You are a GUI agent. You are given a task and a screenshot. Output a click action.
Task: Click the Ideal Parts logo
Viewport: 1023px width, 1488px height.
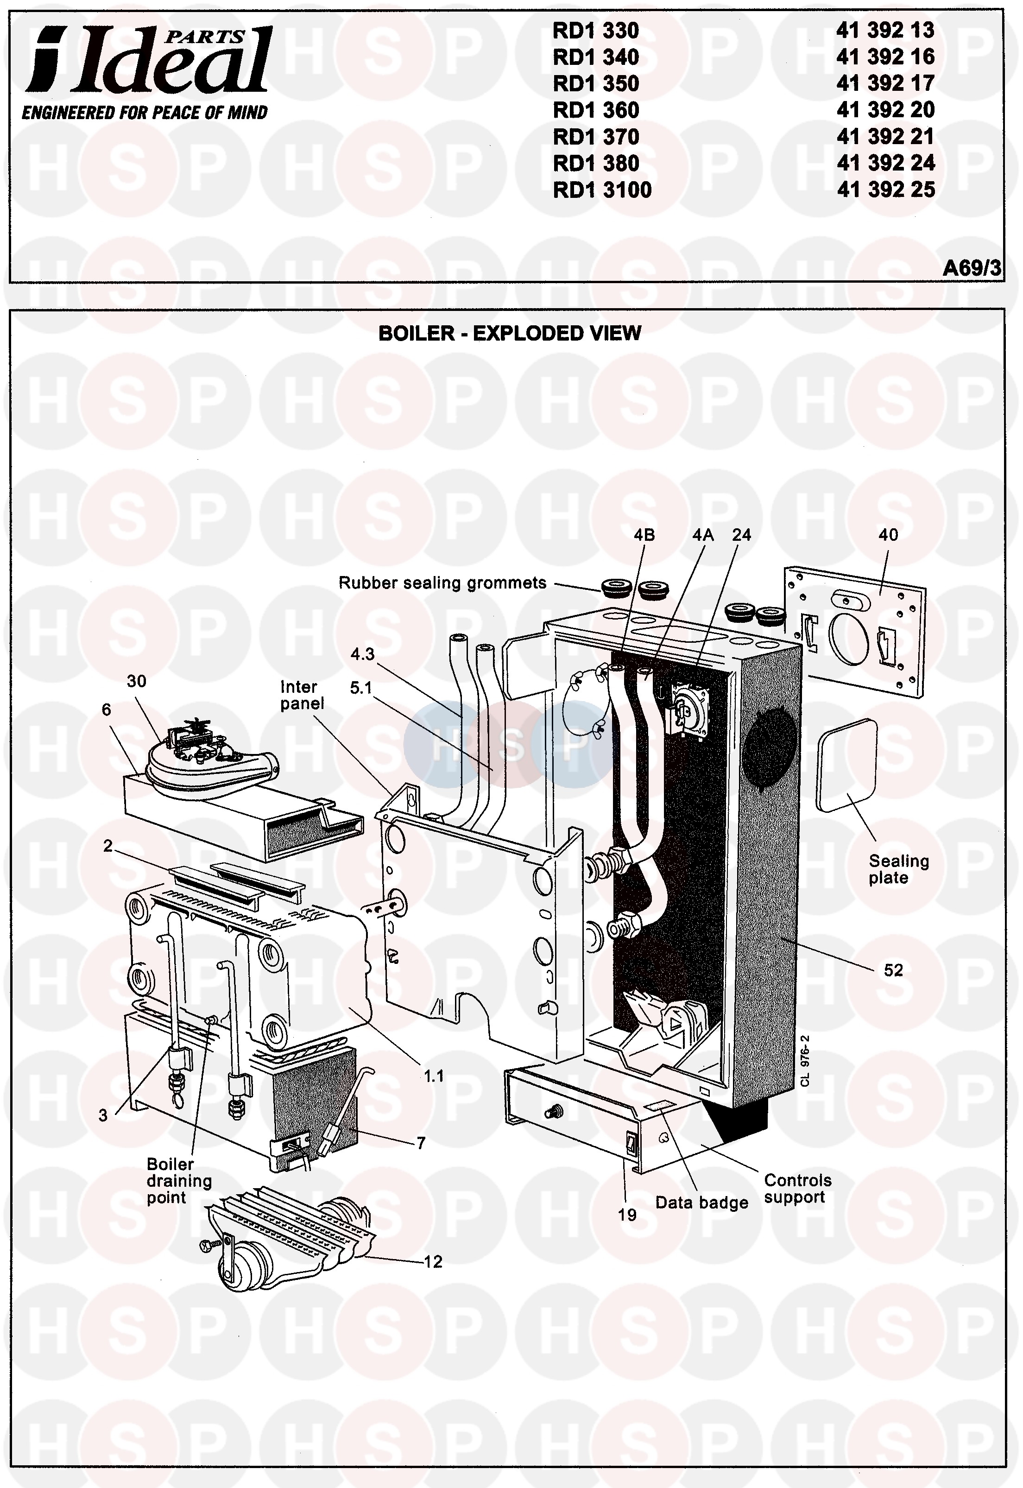(x=147, y=61)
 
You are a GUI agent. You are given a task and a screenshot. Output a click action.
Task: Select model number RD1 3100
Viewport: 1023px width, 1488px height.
(x=602, y=190)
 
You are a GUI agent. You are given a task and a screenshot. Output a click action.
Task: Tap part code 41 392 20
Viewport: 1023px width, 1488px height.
(x=885, y=110)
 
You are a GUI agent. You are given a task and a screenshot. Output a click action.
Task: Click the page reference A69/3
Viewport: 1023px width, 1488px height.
(x=971, y=267)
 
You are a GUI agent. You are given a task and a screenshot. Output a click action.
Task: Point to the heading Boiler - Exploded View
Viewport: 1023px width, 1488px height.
(x=510, y=333)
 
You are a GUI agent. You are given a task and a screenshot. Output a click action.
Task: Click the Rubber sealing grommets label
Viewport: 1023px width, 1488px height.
(x=442, y=583)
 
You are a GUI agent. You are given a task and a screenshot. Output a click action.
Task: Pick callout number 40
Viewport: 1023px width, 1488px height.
(x=888, y=535)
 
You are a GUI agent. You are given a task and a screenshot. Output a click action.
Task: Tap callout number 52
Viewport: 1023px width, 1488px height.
(x=893, y=970)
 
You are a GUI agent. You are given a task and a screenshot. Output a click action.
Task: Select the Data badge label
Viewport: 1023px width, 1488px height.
(x=701, y=1203)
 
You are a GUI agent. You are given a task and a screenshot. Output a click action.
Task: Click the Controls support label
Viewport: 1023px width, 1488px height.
(x=797, y=1189)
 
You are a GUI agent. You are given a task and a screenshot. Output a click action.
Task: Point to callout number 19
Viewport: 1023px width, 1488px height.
(x=627, y=1215)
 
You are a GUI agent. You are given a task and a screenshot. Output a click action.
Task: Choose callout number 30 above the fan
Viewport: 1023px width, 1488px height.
(x=137, y=681)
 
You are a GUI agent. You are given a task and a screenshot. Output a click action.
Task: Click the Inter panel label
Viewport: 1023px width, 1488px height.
(x=301, y=695)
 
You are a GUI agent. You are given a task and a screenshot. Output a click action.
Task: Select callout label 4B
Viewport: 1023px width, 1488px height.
(x=644, y=535)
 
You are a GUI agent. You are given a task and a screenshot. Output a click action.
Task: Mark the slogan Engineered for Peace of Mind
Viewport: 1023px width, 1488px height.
(x=145, y=113)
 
